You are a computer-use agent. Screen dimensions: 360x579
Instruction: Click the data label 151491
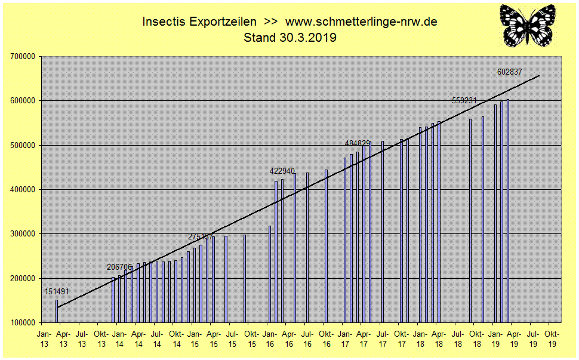click(x=57, y=291)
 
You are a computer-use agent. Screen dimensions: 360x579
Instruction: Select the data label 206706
click(x=119, y=267)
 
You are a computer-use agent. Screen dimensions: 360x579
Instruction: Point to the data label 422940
click(x=282, y=171)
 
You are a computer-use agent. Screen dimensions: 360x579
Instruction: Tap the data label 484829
click(x=358, y=143)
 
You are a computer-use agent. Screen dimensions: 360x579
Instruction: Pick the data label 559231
click(x=464, y=100)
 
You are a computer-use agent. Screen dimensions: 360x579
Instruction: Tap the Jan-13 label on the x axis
click(x=44, y=339)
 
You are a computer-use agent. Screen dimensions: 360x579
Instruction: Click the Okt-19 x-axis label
click(x=552, y=339)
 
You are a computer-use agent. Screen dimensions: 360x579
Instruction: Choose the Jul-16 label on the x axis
click(x=307, y=339)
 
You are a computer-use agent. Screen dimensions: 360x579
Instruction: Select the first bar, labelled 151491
click(x=57, y=311)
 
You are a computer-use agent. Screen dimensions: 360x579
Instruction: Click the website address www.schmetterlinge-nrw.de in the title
click(x=362, y=22)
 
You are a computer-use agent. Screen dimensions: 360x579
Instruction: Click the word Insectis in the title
click(x=162, y=22)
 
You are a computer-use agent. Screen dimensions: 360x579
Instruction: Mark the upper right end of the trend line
click(x=539, y=76)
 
